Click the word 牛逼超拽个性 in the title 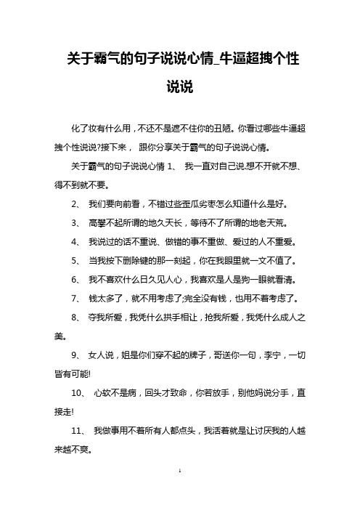(252, 57)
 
